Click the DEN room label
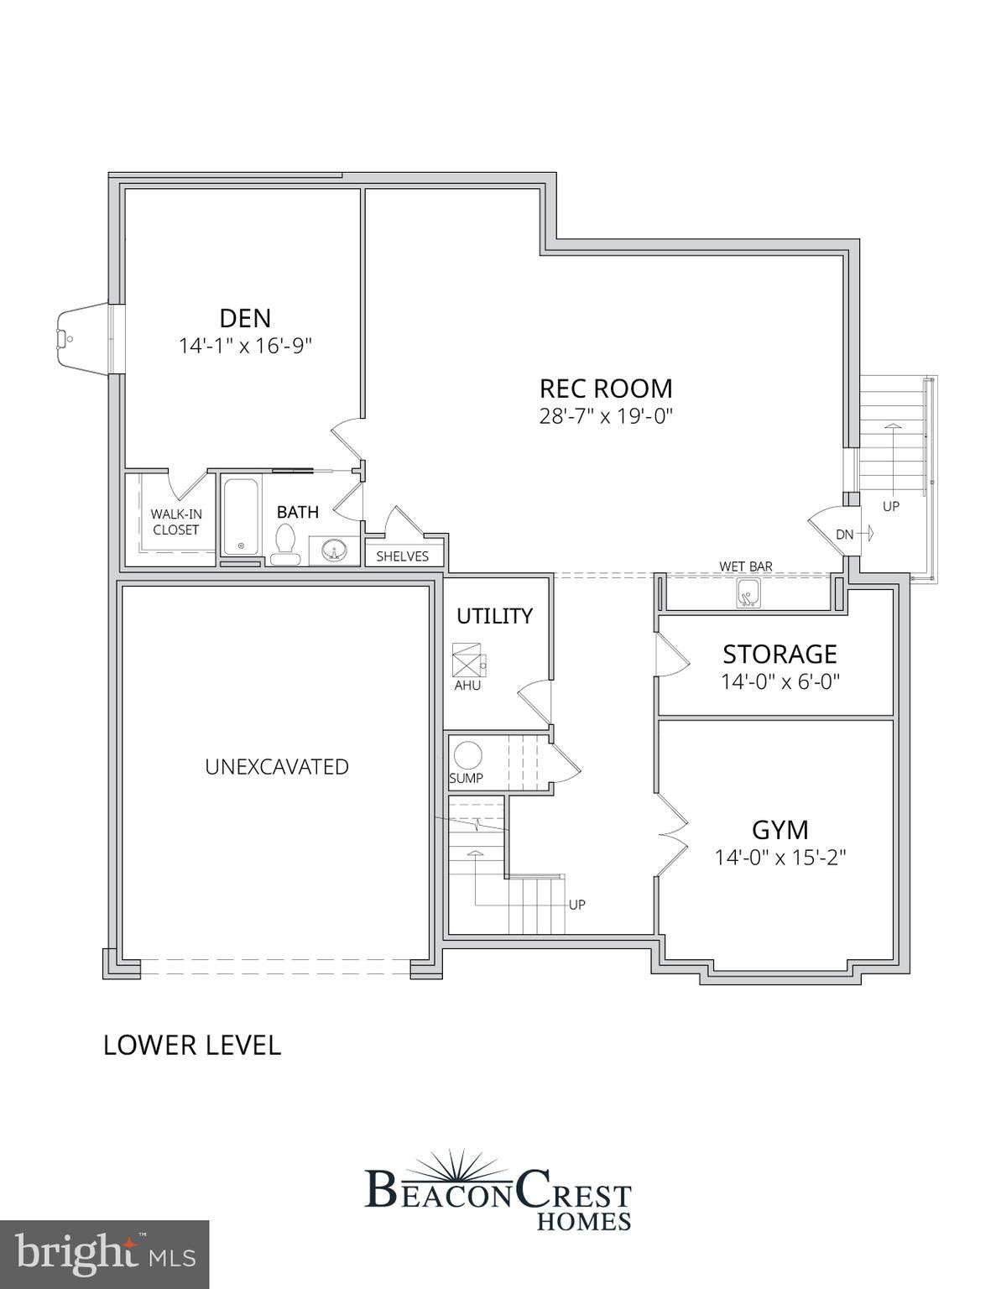(245, 318)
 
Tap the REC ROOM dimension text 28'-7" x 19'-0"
(606, 416)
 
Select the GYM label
(780, 830)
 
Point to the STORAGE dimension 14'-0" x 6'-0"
(780, 682)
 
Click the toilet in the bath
(286, 545)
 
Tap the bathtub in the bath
(241, 516)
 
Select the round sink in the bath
(334, 551)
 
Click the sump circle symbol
(467, 756)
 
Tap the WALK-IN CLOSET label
(176, 522)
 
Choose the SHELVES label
(403, 556)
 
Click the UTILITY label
(494, 616)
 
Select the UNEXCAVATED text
(277, 767)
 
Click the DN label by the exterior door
(845, 535)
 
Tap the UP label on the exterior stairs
(891, 506)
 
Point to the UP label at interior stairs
(576, 905)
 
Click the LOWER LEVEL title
(192, 1062)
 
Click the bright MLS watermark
(105, 1252)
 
